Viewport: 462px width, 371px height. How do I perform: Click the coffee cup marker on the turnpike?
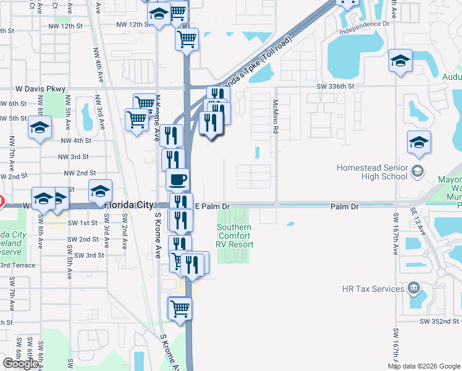pyautogui.click(x=177, y=180)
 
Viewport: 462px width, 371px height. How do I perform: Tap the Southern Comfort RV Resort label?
pyautogui.click(x=234, y=236)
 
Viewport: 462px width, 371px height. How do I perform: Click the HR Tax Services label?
pyautogui.click(x=373, y=289)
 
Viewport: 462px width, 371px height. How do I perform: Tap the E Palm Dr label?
pyautogui.click(x=212, y=205)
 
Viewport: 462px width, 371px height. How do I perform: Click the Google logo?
pyautogui.click(x=20, y=364)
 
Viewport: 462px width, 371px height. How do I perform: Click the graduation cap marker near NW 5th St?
pyautogui.click(x=40, y=128)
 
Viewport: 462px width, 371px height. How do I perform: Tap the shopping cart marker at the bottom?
pyautogui.click(x=179, y=307)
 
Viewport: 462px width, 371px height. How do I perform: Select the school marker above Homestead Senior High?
pyautogui.click(x=419, y=142)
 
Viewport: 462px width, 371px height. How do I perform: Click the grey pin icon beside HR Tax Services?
pyautogui.click(x=413, y=289)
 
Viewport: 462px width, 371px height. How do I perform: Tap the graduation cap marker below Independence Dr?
pyautogui.click(x=401, y=61)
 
